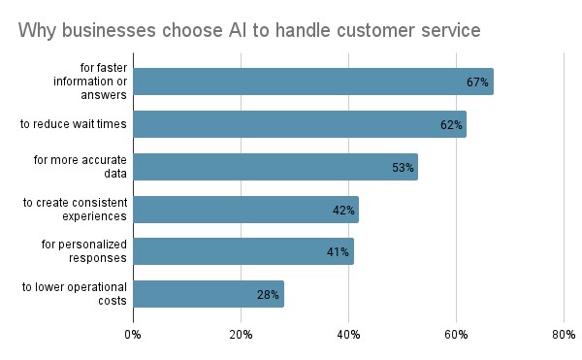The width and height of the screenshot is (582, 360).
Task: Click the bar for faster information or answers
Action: click(x=313, y=82)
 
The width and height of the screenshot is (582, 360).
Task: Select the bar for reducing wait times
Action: click(x=300, y=124)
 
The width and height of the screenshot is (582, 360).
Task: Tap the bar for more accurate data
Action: click(x=275, y=167)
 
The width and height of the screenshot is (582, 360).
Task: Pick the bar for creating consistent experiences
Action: click(x=246, y=210)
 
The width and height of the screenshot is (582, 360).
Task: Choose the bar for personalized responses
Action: click(x=243, y=251)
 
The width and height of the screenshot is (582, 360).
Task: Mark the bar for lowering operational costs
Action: click(x=209, y=294)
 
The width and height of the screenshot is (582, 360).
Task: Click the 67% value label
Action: click(x=476, y=82)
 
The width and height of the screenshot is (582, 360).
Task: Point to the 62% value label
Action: click(x=450, y=125)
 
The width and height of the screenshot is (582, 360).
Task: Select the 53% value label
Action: click(x=403, y=167)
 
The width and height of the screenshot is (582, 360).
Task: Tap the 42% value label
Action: click(x=342, y=210)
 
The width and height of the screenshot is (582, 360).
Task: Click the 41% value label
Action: click(x=338, y=252)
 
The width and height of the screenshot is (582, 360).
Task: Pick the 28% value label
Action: click(x=268, y=294)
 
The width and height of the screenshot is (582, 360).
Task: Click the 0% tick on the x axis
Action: click(x=133, y=335)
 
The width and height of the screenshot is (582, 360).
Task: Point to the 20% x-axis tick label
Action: click(x=241, y=335)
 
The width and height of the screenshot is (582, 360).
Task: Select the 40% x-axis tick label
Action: click(x=348, y=335)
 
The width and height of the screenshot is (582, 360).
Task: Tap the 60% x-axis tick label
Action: click(x=456, y=335)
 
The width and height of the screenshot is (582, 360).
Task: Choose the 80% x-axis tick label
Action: click(x=564, y=335)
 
